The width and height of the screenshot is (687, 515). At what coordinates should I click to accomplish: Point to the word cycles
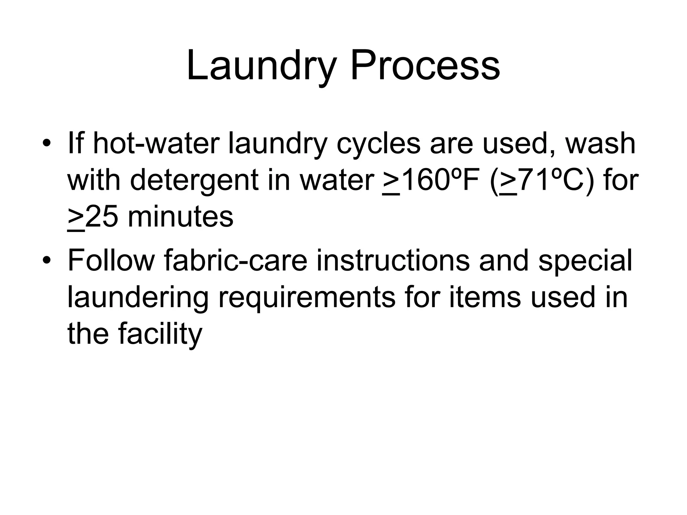click(x=378, y=145)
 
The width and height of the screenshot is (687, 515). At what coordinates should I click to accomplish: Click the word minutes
click(x=180, y=217)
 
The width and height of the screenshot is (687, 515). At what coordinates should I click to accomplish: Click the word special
click(x=585, y=261)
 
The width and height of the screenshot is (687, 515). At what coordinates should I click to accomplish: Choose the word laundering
click(x=138, y=298)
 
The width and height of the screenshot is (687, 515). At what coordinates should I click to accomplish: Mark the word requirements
click(x=307, y=298)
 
